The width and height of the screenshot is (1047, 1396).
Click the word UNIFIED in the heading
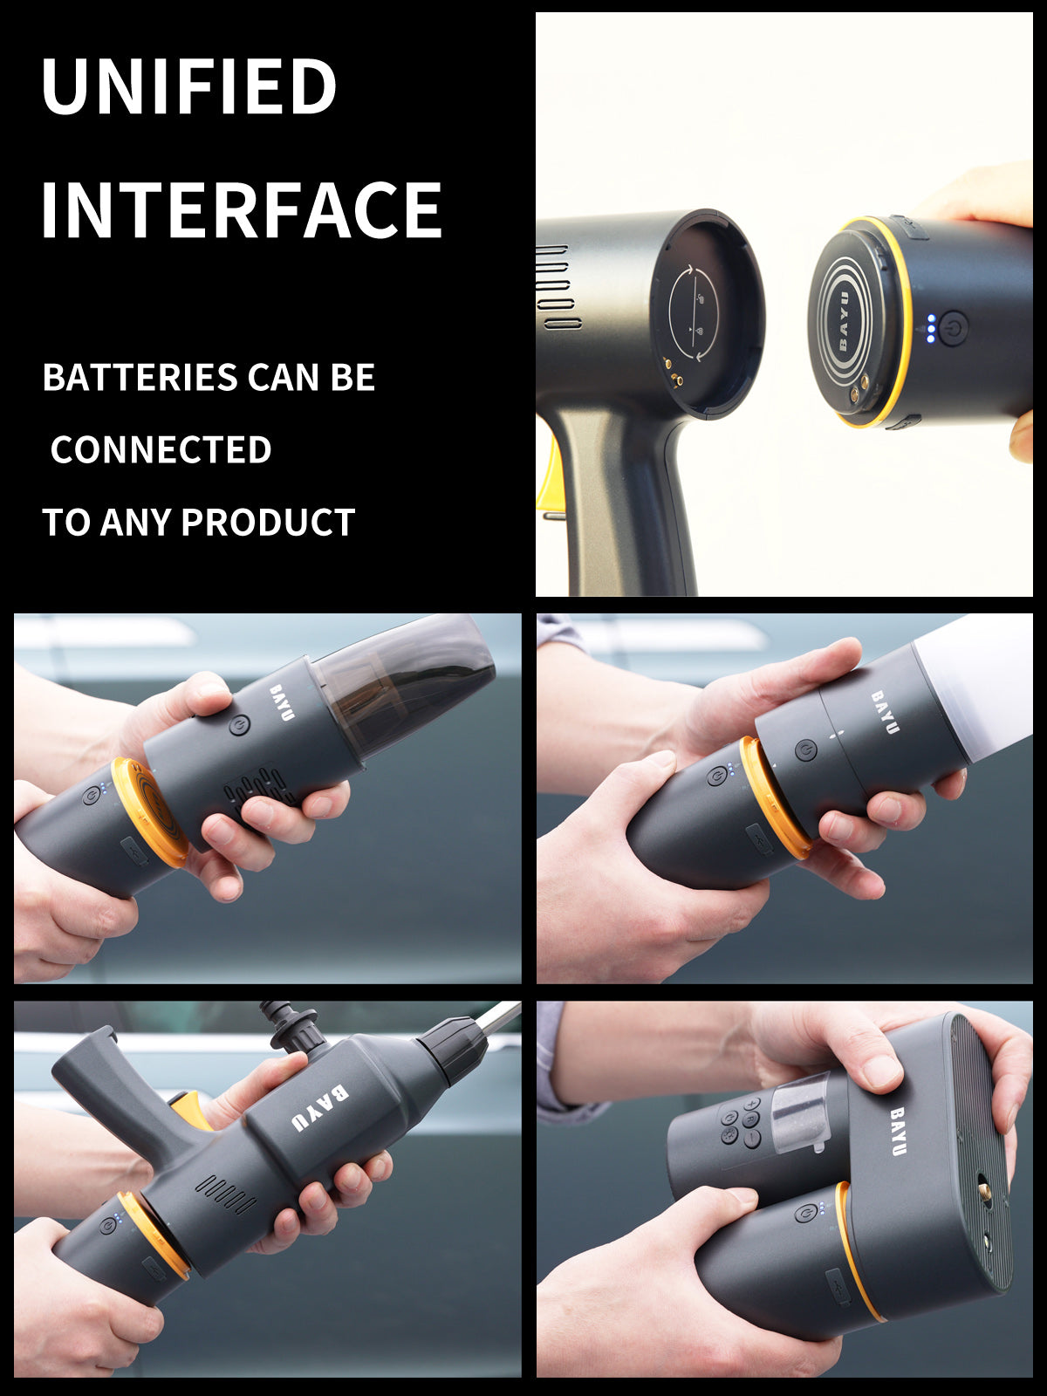(188, 86)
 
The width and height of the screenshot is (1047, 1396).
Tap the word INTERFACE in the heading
(242, 209)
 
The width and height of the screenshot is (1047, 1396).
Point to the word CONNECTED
(161, 449)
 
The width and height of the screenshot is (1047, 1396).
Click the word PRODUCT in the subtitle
(268, 522)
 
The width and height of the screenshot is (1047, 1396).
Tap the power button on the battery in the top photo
(954, 328)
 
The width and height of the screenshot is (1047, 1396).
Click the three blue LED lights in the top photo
(931, 328)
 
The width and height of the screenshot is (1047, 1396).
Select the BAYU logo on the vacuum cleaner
(282, 702)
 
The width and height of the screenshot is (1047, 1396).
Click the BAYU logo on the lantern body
(885, 712)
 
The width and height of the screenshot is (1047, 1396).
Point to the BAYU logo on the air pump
(898, 1132)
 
